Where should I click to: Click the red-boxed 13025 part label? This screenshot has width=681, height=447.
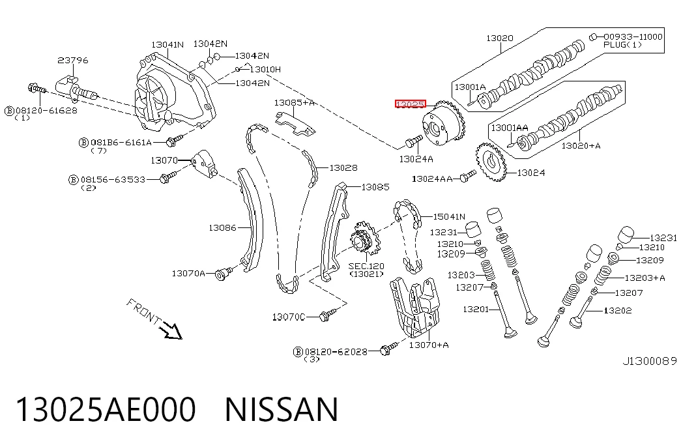(411, 104)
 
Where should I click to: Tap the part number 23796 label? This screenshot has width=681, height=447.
(73, 61)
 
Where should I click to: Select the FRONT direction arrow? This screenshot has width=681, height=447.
(170, 330)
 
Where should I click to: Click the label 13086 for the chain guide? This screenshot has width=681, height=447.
(222, 227)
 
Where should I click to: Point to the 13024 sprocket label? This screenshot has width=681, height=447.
(531, 173)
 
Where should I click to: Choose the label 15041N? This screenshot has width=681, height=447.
(449, 216)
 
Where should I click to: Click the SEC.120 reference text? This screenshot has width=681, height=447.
(366, 266)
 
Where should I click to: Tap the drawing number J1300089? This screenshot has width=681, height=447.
(650, 361)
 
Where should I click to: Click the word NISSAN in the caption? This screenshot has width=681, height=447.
(282, 409)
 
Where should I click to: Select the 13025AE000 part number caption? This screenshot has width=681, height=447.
(106, 409)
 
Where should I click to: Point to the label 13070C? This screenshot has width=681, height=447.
(289, 317)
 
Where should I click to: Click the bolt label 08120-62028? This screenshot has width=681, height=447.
(336, 351)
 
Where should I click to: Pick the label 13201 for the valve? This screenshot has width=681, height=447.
(476, 310)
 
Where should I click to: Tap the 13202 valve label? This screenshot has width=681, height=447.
(618, 311)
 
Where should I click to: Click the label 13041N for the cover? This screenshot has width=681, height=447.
(167, 44)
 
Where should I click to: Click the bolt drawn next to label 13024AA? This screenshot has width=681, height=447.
(468, 176)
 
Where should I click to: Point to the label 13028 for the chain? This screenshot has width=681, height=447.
(343, 167)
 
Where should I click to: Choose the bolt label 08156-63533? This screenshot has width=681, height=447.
(113, 179)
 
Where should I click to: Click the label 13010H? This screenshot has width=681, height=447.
(265, 69)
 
